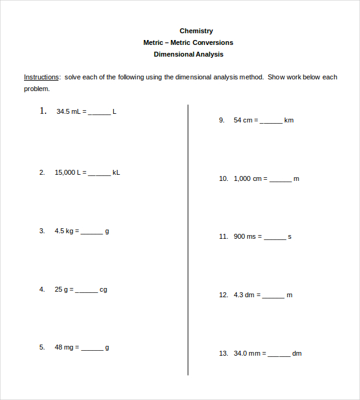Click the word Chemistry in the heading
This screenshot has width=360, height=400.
(196, 31)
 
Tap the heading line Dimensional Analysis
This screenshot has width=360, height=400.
(188, 54)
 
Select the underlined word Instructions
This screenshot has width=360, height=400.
(41, 77)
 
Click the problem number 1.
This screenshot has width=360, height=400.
(43, 111)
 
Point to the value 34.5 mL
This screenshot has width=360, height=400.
(68, 111)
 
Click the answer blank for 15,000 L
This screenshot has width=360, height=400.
(100, 174)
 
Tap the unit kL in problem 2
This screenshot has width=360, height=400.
(116, 172)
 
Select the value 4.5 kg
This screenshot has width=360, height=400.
(64, 231)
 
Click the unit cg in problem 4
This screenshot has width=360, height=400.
(103, 289)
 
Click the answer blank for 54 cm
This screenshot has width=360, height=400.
(271, 121)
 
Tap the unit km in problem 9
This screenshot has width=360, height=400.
(289, 120)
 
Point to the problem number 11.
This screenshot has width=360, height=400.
(223, 236)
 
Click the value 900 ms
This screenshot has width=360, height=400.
(244, 236)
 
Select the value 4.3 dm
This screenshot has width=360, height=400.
(244, 295)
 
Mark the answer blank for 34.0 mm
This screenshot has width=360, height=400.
(279, 354)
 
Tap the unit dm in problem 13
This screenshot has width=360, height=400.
(297, 353)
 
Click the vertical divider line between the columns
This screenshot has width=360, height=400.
(188, 240)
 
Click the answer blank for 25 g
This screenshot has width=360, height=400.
(86, 290)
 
